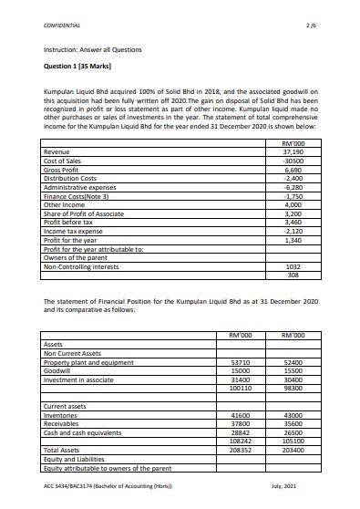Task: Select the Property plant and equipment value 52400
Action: pyautogui.click(x=293, y=362)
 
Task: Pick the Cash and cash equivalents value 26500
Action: pyautogui.click(x=293, y=432)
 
